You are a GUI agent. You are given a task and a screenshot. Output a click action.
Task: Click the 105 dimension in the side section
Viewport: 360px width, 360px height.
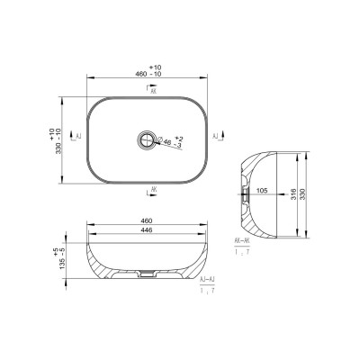(x=263, y=191)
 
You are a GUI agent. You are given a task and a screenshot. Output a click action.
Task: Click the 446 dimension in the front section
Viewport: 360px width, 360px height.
(x=148, y=230)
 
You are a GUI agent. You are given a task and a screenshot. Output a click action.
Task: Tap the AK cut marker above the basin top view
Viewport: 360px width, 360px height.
(x=151, y=90)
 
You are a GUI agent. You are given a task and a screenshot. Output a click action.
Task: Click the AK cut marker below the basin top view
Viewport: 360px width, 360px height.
(x=152, y=188)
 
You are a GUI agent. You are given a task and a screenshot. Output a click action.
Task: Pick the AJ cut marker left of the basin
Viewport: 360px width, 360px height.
(x=79, y=135)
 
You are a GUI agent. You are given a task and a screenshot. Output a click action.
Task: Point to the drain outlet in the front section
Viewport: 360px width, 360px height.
(x=148, y=271)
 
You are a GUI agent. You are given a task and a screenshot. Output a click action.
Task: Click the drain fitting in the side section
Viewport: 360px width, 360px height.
(x=244, y=191)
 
